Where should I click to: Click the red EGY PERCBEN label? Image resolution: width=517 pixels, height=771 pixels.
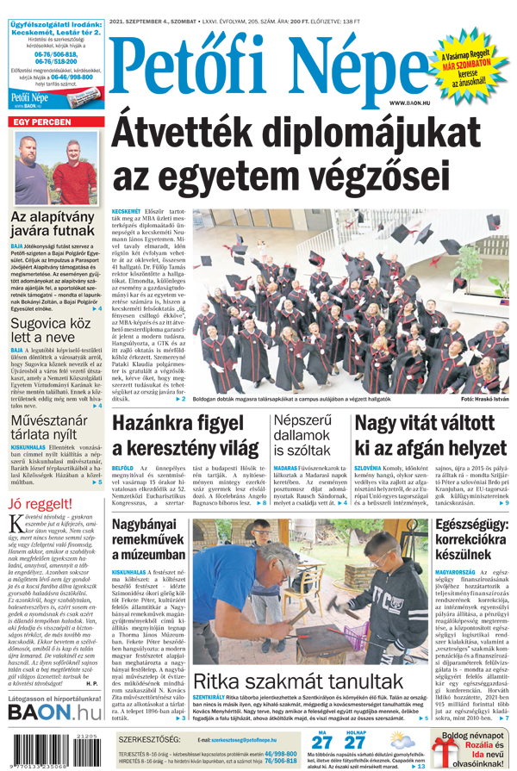(x=41, y=123)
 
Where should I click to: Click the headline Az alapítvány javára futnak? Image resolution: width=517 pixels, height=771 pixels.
(x=53, y=224)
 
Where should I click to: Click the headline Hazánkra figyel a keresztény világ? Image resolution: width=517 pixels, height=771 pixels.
(x=186, y=436)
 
